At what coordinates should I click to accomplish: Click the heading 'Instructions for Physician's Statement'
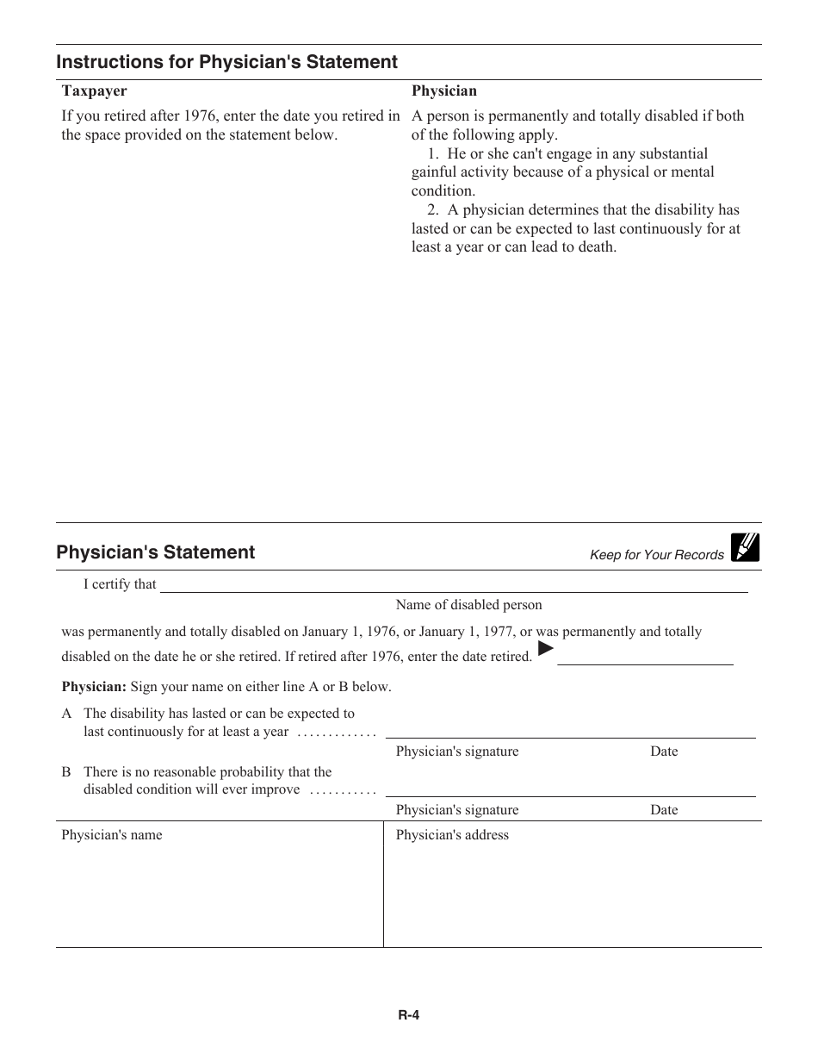tap(226, 62)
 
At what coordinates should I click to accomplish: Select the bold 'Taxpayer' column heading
tap(94, 90)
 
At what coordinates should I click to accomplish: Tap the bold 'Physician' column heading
tap(443, 90)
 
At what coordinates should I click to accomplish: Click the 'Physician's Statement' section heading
tap(155, 552)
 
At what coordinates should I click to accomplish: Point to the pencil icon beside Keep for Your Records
tap(745, 547)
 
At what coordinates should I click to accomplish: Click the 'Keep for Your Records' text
tap(656, 555)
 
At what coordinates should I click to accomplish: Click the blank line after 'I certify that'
tap(454, 587)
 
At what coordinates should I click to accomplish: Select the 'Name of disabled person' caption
tap(468, 605)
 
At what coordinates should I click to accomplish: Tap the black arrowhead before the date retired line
tap(544, 647)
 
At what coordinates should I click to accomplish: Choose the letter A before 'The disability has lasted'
tap(66, 714)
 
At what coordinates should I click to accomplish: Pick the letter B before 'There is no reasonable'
tap(66, 772)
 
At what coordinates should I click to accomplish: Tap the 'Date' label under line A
tap(664, 751)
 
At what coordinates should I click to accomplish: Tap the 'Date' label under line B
tap(664, 810)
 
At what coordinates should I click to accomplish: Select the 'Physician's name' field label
tap(111, 835)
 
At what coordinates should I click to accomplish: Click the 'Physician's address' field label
tap(452, 835)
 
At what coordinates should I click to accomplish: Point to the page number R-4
tap(408, 1015)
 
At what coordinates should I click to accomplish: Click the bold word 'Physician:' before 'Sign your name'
tap(94, 687)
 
